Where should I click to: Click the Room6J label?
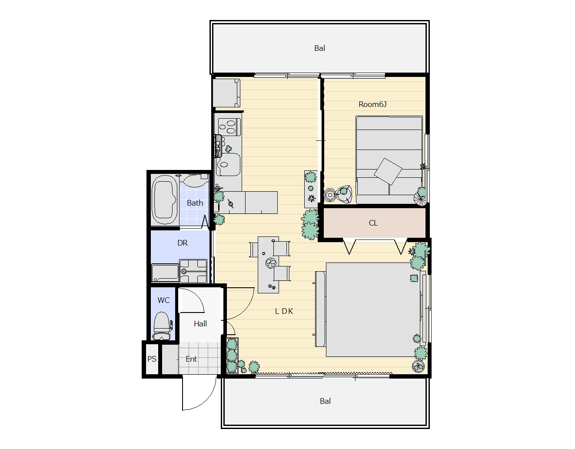click(372, 104)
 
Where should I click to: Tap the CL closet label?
click(373, 223)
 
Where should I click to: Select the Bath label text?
click(195, 203)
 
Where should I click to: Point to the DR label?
click(182, 243)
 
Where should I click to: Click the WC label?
click(163, 300)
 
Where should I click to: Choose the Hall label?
click(200, 323)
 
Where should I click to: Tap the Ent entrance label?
click(191, 359)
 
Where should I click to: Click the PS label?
click(152, 359)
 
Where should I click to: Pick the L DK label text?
click(284, 311)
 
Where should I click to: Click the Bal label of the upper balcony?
click(319, 48)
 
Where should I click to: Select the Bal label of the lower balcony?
click(325, 401)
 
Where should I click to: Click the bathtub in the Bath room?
click(164, 200)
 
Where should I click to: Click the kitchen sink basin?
click(228, 165)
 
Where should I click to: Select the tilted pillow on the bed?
click(388, 171)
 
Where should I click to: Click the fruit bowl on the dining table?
click(271, 263)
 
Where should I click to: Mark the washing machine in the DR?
click(193, 271)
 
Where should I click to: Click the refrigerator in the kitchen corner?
click(226, 93)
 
